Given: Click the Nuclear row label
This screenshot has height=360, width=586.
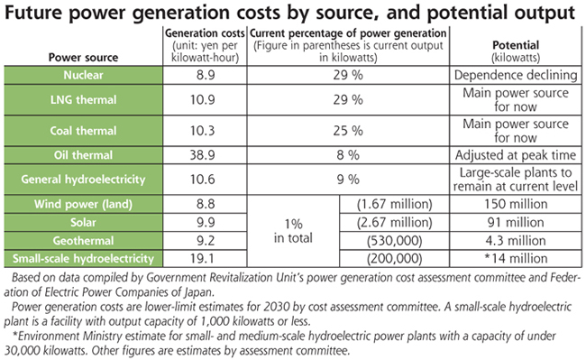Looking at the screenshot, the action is pyautogui.click(x=83, y=75).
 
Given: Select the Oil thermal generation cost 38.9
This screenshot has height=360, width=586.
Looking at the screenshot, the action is pyautogui.click(x=202, y=155).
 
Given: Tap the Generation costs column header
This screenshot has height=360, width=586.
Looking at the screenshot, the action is pyautogui.click(x=205, y=33).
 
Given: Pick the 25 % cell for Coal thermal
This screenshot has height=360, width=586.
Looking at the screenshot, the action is pyautogui.click(x=348, y=131).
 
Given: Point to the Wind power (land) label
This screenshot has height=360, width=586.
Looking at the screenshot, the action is pyautogui.click(x=83, y=204).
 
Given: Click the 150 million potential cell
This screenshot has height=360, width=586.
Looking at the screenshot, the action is pyautogui.click(x=516, y=204).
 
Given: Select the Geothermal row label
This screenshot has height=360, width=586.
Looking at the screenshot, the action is pyautogui.click(x=83, y=240).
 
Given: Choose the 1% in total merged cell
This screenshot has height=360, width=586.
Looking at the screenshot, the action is pyautogui.click(x=293, y=231).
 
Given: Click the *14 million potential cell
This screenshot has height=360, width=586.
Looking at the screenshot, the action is pyautogui.click(x=516, y=258).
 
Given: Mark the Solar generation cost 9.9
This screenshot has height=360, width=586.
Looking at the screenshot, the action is pyautogui.click(x=206, y=223).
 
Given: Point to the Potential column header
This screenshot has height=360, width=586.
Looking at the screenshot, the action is pyautogui.click(x=516, y=45).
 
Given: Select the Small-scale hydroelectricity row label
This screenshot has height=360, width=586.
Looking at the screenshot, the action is pyautogui.click(x=83, y=258).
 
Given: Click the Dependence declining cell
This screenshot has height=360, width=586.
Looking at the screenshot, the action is pyautogui.click(x=516, y=75).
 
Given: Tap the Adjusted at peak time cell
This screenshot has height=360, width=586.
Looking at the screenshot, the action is pyautogui.click(x=516, y=155).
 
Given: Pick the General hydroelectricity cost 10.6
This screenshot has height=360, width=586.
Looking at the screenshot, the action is pyautogui.click(x=202, y=180).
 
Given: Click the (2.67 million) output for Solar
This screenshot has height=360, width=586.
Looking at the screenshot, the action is pyautogui.click(x=394, y=223).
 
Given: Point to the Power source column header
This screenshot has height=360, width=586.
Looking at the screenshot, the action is pyautogui.click(x=83, y=58).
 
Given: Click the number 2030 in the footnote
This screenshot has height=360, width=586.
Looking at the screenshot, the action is pyautogui.click(x=277, y=307).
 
